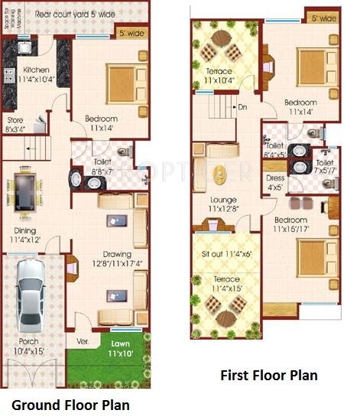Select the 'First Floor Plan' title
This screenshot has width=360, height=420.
coord(268,376)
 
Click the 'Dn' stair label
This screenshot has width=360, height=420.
coord(242,107)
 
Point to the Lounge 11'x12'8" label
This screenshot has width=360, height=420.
coord(222,204)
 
